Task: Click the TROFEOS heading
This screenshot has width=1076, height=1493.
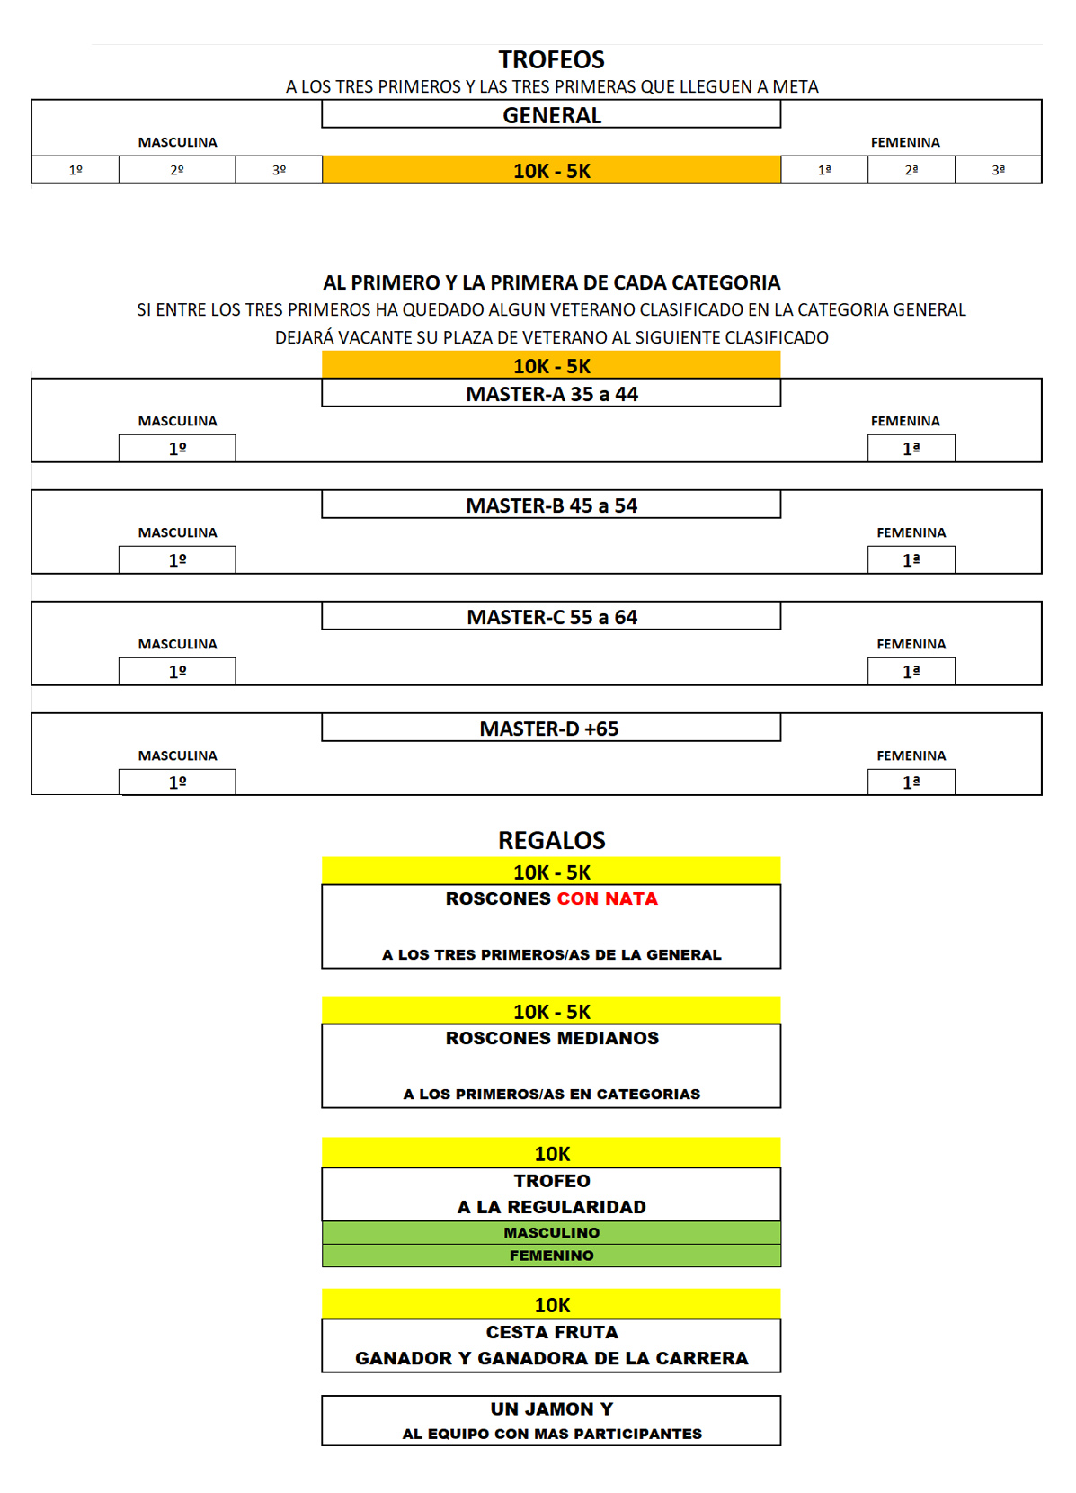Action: [x=552, y=60]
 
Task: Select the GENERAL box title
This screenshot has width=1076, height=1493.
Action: [x=552, y=115]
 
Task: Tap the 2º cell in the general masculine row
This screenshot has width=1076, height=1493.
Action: [x=176, y=170]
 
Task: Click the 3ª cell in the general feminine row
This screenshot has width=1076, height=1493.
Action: [x=998, y=170]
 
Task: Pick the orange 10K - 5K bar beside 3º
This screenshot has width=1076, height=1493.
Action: [x=552, y=170]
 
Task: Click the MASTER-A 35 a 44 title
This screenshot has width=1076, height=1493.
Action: [x=552, y=394]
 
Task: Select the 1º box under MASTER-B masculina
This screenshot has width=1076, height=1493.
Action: [x=177, y=559]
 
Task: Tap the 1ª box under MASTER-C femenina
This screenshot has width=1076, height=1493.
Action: [x=911, y=671]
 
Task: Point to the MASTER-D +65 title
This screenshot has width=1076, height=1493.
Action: [x=549, y=729]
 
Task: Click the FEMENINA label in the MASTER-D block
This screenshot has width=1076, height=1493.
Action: [x=911, y=755]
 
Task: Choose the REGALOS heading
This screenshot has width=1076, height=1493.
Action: [x=552, y=840]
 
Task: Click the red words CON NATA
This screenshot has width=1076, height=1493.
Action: [x=607, y=898]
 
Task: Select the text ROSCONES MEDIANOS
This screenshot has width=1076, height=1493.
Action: [x=552, y=1038]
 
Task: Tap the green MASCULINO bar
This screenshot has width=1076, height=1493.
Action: [x=552, y=1232]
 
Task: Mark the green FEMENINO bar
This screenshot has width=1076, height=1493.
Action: [x=552, y=1255]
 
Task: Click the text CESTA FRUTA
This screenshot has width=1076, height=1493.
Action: [x=552, y=1332]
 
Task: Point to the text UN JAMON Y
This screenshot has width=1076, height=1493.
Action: [x=552, y=1408]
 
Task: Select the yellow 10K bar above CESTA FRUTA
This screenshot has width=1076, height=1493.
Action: [x=552, y=1304]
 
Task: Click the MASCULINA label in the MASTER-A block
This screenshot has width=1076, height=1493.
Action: [x=177, y=421]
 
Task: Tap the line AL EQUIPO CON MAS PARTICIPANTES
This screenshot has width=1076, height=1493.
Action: [x=552, y=1434]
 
